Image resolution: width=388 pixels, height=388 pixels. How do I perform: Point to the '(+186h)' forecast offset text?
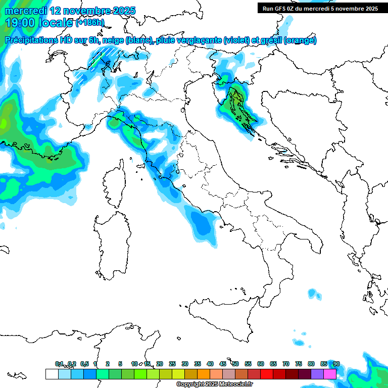(90, 23)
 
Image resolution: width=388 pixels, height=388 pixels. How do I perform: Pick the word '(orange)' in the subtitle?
(300, 40)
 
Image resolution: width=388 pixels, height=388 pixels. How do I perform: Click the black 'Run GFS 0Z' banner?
(320, 9)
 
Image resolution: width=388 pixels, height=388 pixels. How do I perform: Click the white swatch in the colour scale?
(52, 374)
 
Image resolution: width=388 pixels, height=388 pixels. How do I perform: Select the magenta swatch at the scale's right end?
(330, 374)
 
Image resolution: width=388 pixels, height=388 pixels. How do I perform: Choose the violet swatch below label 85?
(317, 374)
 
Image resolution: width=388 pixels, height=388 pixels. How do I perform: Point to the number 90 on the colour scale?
(336, 364)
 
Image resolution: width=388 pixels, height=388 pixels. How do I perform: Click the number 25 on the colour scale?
(172, 364)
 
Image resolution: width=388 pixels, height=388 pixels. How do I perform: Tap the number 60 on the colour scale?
(261, 364)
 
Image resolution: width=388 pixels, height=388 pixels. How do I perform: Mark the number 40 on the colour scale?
(210, 364)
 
